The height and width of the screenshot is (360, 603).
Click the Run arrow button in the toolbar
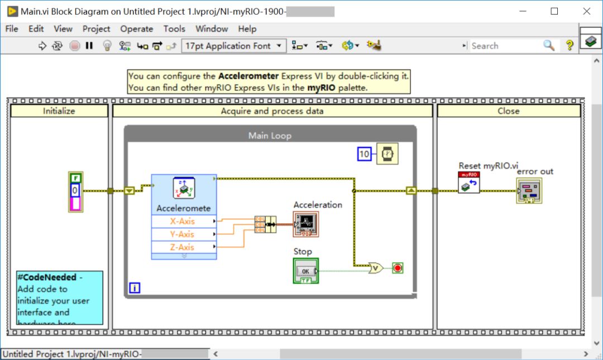[x=42, y=46]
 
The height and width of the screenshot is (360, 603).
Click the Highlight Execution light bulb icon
[x=107, y=46]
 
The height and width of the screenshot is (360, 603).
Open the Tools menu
[x=174, y=29]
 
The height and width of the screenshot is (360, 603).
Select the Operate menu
[x=136, y=29]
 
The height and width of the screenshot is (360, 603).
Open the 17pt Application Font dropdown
[x=234, y=46]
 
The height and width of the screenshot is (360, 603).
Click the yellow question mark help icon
[x=569, y=46]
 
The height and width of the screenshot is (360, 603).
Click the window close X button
[x=587, y=11]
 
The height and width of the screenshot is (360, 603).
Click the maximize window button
[x=554, y=11]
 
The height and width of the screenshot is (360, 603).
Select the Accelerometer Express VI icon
[x=184, y=189]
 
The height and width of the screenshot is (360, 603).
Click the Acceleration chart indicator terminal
[x=306, y=223]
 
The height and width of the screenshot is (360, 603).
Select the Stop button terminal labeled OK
[x=305, y=271]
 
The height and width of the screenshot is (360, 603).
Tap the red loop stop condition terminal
[x=397, y=268]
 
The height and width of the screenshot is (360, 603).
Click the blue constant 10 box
[x=364, y=153]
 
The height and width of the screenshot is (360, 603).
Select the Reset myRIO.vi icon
[x=468, y=183]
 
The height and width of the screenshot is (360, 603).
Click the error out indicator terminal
[x=529, y=191]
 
